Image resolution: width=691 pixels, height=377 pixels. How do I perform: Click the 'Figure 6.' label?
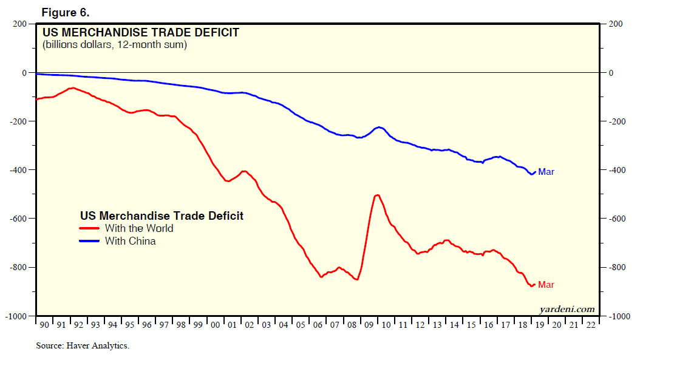coord(66,12)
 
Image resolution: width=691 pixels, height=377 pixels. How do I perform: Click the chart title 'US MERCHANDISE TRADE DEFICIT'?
coord(140,32)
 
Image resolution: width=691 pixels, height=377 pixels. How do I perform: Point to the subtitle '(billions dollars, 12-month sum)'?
coord(115,45)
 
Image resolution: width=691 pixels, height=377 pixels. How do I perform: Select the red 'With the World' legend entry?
coord(138,228)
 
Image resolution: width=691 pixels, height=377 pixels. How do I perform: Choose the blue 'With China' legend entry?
coord(130,241)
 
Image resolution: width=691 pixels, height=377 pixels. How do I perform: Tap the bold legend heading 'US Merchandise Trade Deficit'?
coord(162,216)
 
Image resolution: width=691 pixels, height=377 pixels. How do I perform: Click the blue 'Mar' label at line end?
coord(546,172)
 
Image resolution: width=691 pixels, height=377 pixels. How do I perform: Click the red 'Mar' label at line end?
coord(546,285)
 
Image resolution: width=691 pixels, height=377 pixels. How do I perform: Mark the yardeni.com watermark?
coord(567,309)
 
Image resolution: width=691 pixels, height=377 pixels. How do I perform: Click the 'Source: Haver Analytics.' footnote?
coord(83,346)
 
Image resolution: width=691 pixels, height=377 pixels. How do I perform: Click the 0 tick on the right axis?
coord(611,73)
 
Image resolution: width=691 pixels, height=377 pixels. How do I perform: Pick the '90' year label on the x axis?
coord(44,325)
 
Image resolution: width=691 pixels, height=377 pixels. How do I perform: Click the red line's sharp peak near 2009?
coord(377,195)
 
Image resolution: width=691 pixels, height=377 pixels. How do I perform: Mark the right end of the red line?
coord(534,284)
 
